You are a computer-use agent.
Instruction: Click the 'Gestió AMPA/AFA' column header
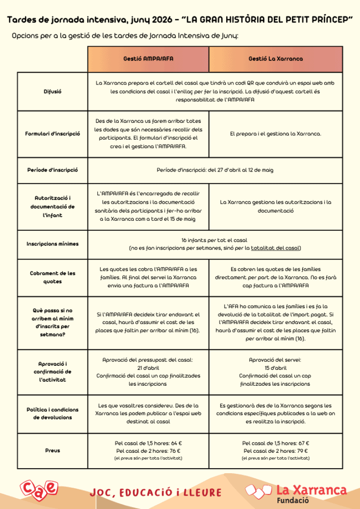[x=148, y=59]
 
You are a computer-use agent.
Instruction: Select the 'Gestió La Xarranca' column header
[x=275, y=59]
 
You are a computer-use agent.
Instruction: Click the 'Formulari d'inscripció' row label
[x=53, y=134]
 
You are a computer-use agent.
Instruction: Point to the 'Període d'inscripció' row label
[x=53, y=170]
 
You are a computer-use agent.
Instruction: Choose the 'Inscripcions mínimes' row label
[x=53, y=244]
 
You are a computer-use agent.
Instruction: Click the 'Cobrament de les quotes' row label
[x=53, y=277]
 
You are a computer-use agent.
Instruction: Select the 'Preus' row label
[x=53, y=450]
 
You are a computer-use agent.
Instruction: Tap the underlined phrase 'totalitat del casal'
[x=275, y=248]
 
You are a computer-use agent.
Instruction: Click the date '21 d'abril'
[x=148, y=368]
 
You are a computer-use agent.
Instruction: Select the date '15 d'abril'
[x=275, y=368]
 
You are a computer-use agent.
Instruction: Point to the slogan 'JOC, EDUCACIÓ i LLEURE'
[x=156, y=493]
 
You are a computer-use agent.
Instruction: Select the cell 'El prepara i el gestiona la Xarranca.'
[x=275, y=134]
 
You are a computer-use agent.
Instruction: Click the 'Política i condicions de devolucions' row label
[x=53, y=414]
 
